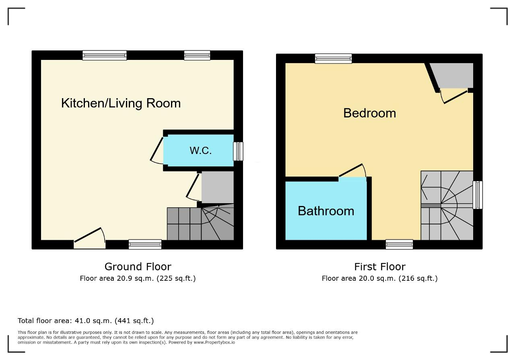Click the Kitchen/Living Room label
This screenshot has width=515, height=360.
(x=121, y=103)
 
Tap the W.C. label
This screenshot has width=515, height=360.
(x=200, y=150)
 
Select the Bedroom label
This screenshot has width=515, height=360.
(x=370, y=113)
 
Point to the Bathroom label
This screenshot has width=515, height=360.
(x=326, y=211)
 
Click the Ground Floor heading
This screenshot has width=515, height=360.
(x=138, y=267)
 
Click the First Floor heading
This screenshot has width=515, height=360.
(x=380, y=267)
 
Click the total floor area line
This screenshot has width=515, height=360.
(x=86, y=321)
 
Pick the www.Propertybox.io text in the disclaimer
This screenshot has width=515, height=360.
(x=214, y=342)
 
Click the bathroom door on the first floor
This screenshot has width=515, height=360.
(x=352, y=171)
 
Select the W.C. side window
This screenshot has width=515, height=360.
(x=238, y=151)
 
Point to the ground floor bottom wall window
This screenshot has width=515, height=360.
(x=145, y=245)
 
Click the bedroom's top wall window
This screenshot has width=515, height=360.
(x=334, y=59)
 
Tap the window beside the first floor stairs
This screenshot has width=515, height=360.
(x=478, y=195)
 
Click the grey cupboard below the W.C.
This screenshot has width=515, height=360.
(x=218, y=187)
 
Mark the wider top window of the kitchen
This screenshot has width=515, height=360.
(x=105, y=56)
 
